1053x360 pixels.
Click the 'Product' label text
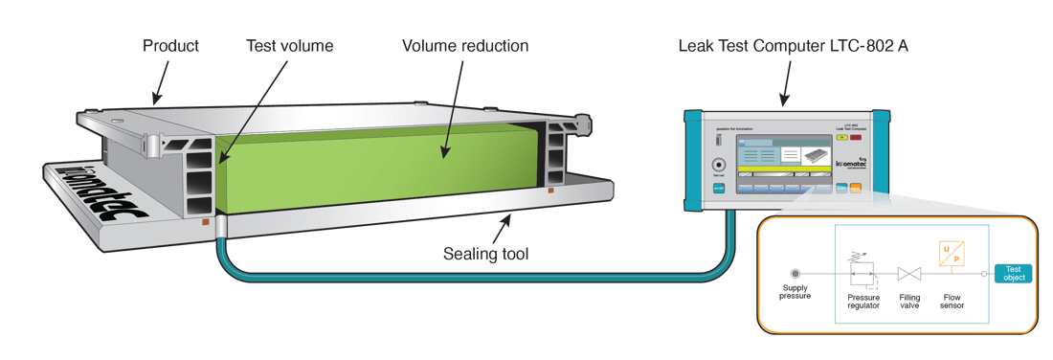pos(170,45)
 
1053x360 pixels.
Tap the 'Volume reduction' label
pos(464,45)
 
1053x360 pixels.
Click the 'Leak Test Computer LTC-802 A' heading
pos(792,45)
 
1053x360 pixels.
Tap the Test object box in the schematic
pos(1015,274)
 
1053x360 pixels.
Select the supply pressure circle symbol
pos(795,273)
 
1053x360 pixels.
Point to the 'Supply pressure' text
pos(795,291)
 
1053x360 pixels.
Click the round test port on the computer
pos(720,164)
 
